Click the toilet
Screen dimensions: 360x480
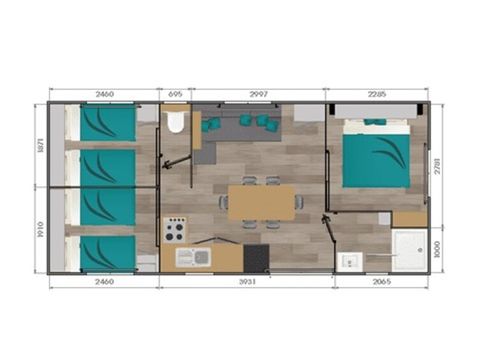pos(175,124)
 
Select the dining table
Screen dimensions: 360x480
pos(261,202)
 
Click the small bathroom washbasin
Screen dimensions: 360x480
pos(351,261)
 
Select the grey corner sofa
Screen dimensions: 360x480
pos(240,118)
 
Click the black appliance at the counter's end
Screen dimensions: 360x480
pos(254,258)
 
